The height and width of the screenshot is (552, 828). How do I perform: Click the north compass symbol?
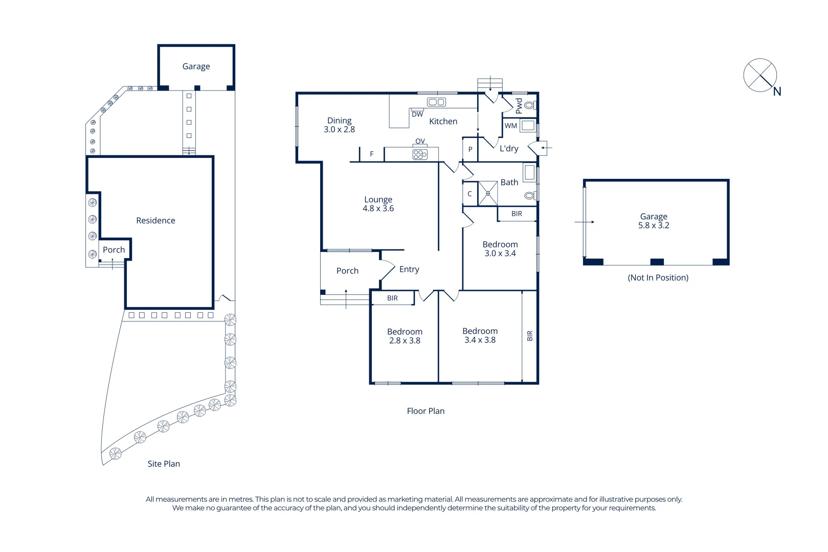tap(760, 76)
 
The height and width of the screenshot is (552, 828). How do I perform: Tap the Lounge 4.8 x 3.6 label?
tap(378, 204)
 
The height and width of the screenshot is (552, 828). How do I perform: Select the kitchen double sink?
tap(436, 102)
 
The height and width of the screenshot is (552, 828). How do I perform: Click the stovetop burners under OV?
tap(420, 154)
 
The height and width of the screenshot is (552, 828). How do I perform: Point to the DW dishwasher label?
tap(417, 114)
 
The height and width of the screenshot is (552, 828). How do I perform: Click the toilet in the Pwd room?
tap(529, 105)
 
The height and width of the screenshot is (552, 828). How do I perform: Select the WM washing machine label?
tap(511, 126)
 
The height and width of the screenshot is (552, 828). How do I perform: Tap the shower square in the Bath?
tap(488, 193)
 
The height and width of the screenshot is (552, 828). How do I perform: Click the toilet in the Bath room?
tap(529, 196)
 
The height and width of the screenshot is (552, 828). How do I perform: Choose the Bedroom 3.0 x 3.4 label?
tap(500, 249)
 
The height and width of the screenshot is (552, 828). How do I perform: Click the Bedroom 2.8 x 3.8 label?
tap(405, 336)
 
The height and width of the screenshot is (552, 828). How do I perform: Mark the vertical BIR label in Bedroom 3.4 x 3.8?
tap(530, 336)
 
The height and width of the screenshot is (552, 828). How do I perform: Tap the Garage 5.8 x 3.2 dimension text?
tap(653, 225)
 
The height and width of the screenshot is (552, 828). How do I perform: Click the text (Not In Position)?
tap(658, 278)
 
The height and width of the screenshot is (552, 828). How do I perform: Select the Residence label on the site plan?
tap(155, 220)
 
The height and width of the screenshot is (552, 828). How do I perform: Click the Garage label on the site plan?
tap(196, 66)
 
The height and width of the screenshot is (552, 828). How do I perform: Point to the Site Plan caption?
tap(164, 464)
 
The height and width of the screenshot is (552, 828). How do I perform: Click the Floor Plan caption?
tap(426, 411)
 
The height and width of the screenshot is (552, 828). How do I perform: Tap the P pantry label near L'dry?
tap(470, 150)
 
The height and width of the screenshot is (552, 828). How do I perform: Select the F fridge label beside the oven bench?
tap(372, 154)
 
